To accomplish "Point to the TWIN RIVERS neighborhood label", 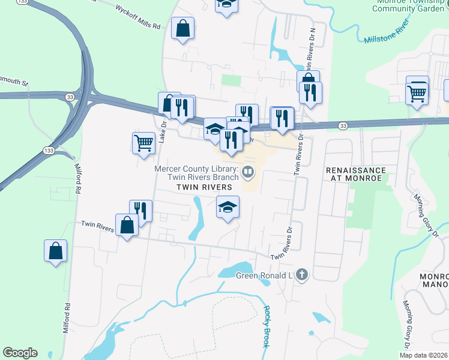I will click(204, 187).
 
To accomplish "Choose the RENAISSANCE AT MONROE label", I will click(355, 174).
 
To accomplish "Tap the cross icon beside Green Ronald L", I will click(301, 275).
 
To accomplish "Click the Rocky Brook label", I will click(266, 326).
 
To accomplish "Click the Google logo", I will click(20, 353).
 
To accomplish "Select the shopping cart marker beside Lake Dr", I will click(143, 143).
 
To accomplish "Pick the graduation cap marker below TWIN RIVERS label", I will click(228, 208).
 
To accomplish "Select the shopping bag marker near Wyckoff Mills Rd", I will click(182, 28).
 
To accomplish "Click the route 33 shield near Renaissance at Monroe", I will click(342, 125).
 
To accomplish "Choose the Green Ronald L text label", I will click(263, 276).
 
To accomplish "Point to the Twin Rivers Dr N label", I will click(310, 48).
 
